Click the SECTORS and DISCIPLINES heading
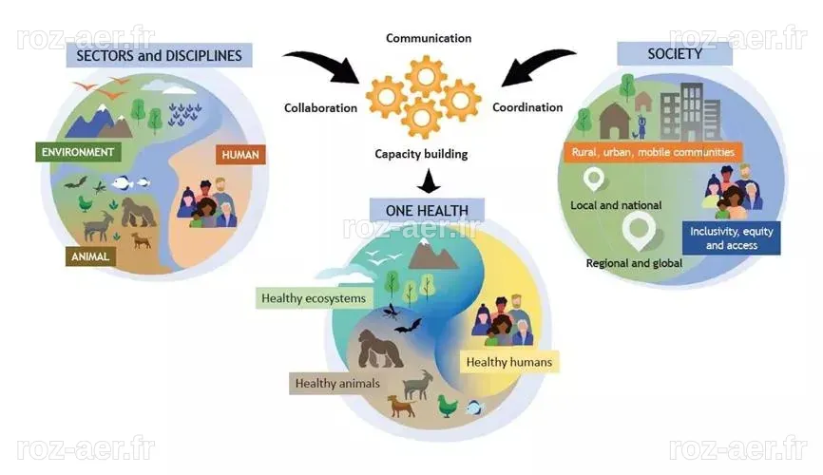159,55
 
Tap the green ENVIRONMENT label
78,152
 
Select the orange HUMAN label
240,155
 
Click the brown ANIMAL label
90,256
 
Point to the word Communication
429,38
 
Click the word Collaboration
320,107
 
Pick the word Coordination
527,107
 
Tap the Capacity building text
421,154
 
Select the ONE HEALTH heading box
427,211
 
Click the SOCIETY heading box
675,53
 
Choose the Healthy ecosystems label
314,298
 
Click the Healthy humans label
509,362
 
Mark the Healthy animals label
337,383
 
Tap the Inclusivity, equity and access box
731,238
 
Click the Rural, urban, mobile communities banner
653,152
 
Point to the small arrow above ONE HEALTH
430,181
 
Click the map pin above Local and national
594,179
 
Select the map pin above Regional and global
639,232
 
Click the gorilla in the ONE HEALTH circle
379,348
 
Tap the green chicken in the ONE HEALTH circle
448,407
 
